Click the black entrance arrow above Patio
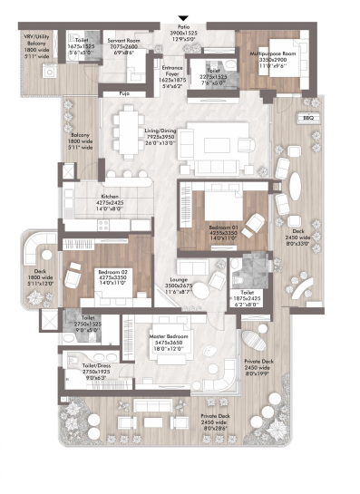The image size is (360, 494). click(x=185, y=18)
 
